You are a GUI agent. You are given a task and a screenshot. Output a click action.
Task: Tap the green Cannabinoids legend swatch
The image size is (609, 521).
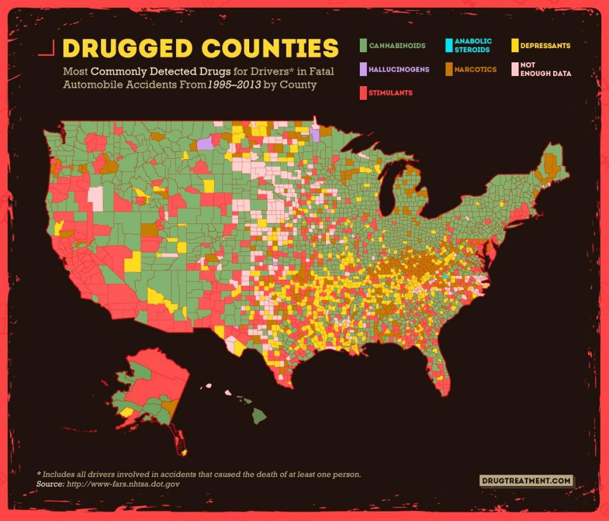tap(362, 45)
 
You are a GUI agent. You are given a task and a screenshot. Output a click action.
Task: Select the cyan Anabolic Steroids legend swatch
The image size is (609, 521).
tap(448, 45)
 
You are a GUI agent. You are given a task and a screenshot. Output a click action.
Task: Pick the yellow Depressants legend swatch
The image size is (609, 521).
tap(514, 45)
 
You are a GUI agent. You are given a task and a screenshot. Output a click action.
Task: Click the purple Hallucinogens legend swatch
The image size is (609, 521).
tap(362, 70)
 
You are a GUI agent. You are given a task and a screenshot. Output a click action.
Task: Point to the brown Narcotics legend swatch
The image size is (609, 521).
tap(448, 70)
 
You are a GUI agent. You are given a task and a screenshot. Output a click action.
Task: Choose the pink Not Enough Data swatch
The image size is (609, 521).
tap(514, 70)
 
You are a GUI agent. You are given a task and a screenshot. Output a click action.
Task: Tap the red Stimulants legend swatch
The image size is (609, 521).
tap(362, 93)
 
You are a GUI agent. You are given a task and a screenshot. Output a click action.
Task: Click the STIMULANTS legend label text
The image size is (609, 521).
tap(390, 93)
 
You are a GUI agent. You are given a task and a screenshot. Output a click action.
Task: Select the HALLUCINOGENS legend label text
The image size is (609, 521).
tap(398, 70)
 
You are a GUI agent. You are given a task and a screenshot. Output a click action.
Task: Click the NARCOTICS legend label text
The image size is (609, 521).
tap(475, 70)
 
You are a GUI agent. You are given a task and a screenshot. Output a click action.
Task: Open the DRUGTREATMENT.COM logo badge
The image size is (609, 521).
tap(526, 480)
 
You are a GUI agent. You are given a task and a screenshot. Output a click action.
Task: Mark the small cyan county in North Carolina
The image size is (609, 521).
tap(445, 277)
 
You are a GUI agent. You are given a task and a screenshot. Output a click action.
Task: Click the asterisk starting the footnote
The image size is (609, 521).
tap(39, 474)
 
